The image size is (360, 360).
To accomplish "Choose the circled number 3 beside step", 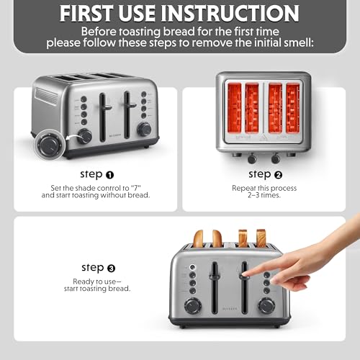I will [x=111, y=268].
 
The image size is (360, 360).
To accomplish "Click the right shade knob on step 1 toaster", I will [x=144, y=129].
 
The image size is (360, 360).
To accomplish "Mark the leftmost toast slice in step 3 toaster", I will [x=198, y=238].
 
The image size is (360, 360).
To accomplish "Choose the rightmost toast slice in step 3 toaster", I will [x=261, y=238].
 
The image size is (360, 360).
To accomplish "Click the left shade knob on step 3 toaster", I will [x=192, y=305].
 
